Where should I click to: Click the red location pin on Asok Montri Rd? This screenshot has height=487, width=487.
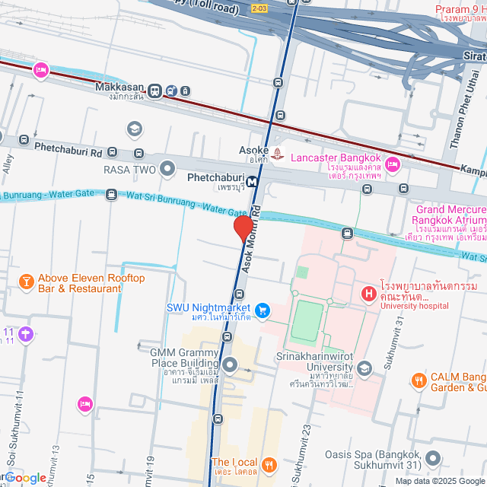pos(243,229)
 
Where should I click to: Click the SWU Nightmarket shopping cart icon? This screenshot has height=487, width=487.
pos(263,310)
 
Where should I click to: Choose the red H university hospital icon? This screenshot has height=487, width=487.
pos(369,293)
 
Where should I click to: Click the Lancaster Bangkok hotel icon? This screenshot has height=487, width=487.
pos(393,164)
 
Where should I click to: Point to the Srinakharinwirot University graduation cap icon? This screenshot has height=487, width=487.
pos(364,369)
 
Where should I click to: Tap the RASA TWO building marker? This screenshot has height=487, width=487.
pos(167,169)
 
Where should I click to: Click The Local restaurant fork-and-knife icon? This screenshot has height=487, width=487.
pos(268,463)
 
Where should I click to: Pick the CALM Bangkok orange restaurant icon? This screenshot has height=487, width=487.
pos(418,380)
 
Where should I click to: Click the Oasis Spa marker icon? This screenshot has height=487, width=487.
pos(433,458)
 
